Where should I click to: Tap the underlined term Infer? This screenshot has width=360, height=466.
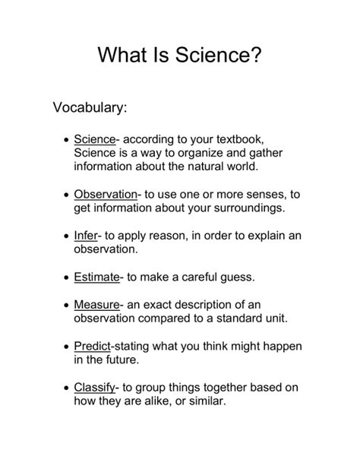click(86, 235)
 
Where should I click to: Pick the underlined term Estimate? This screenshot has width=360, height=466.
click(96, 277)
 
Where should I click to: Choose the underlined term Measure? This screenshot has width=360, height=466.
click(96, 305)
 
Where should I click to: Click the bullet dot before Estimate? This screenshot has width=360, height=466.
click(68, 277)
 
